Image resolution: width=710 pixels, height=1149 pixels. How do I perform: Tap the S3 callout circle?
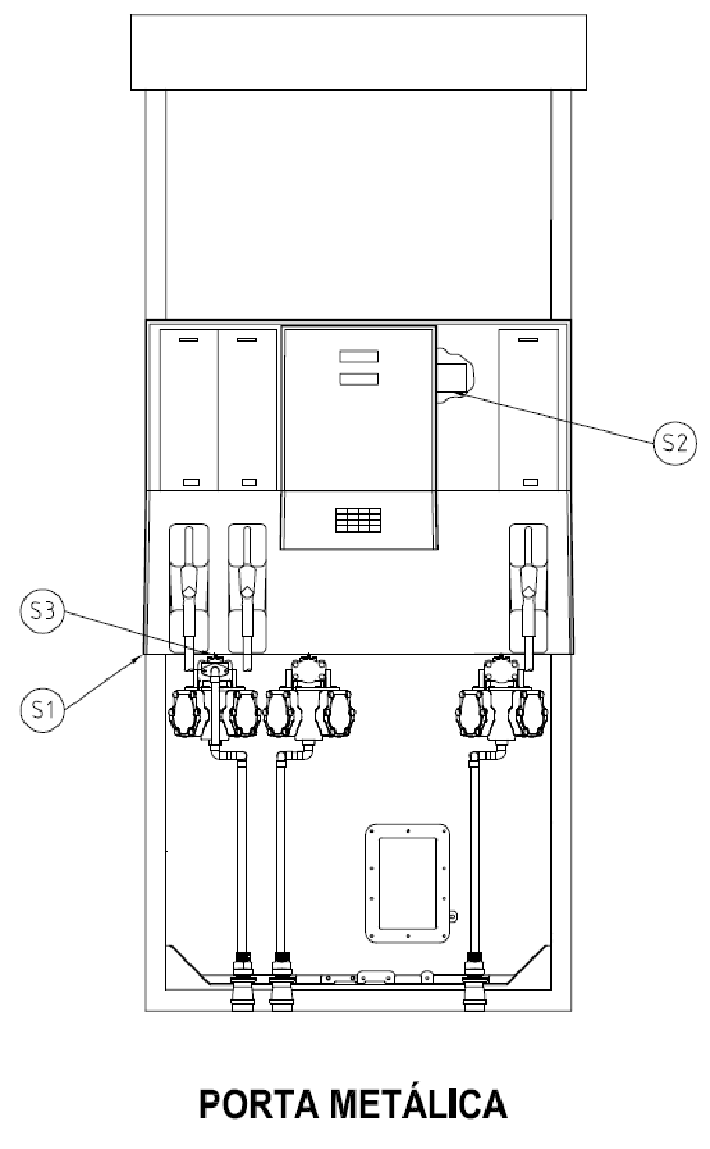pos(43,612)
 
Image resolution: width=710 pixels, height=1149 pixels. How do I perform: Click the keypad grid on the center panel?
pos(359,520)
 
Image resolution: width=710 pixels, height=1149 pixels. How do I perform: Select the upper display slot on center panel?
pos(359,356)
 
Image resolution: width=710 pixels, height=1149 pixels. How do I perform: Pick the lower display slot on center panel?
pos(359,379)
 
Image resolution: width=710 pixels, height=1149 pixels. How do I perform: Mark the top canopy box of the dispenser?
pos(359,52)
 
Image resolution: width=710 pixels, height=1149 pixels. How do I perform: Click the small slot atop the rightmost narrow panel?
pos(528,340)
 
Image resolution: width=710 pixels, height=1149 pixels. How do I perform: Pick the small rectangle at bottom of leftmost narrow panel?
pos(191,481)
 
